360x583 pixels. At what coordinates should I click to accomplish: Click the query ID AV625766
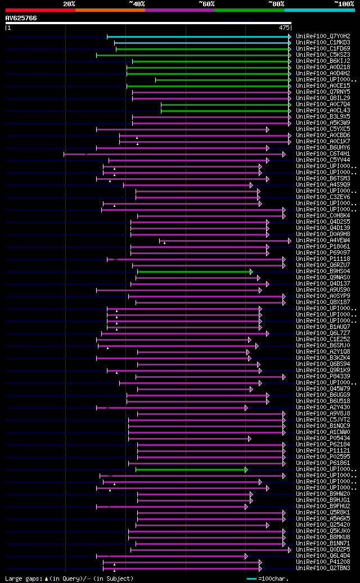[21, 18]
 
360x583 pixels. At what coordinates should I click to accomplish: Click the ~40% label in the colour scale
[137, 4]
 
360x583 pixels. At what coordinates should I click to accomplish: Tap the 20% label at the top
[69, 4]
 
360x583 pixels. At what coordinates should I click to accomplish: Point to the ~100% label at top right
[344, 4]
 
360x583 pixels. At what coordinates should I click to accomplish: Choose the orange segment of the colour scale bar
[110, 10]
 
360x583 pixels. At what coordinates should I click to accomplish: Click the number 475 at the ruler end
[284, 27]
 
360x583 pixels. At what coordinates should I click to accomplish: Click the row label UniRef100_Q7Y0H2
[323, 37]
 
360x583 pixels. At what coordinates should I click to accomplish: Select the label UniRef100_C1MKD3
[323, 43]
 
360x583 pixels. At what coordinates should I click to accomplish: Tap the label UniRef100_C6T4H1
[323, 154]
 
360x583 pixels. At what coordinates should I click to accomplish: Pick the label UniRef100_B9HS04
[323, 272]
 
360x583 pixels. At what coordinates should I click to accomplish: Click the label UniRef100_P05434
[323, 439]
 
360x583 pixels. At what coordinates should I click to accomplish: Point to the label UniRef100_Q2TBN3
[323, 568]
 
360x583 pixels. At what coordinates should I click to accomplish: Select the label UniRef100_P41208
[323, 562]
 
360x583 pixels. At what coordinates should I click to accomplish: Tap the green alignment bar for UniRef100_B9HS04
[194, 272]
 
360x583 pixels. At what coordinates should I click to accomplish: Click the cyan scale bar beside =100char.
[251, 579]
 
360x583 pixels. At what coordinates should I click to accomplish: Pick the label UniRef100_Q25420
[323, 525]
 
